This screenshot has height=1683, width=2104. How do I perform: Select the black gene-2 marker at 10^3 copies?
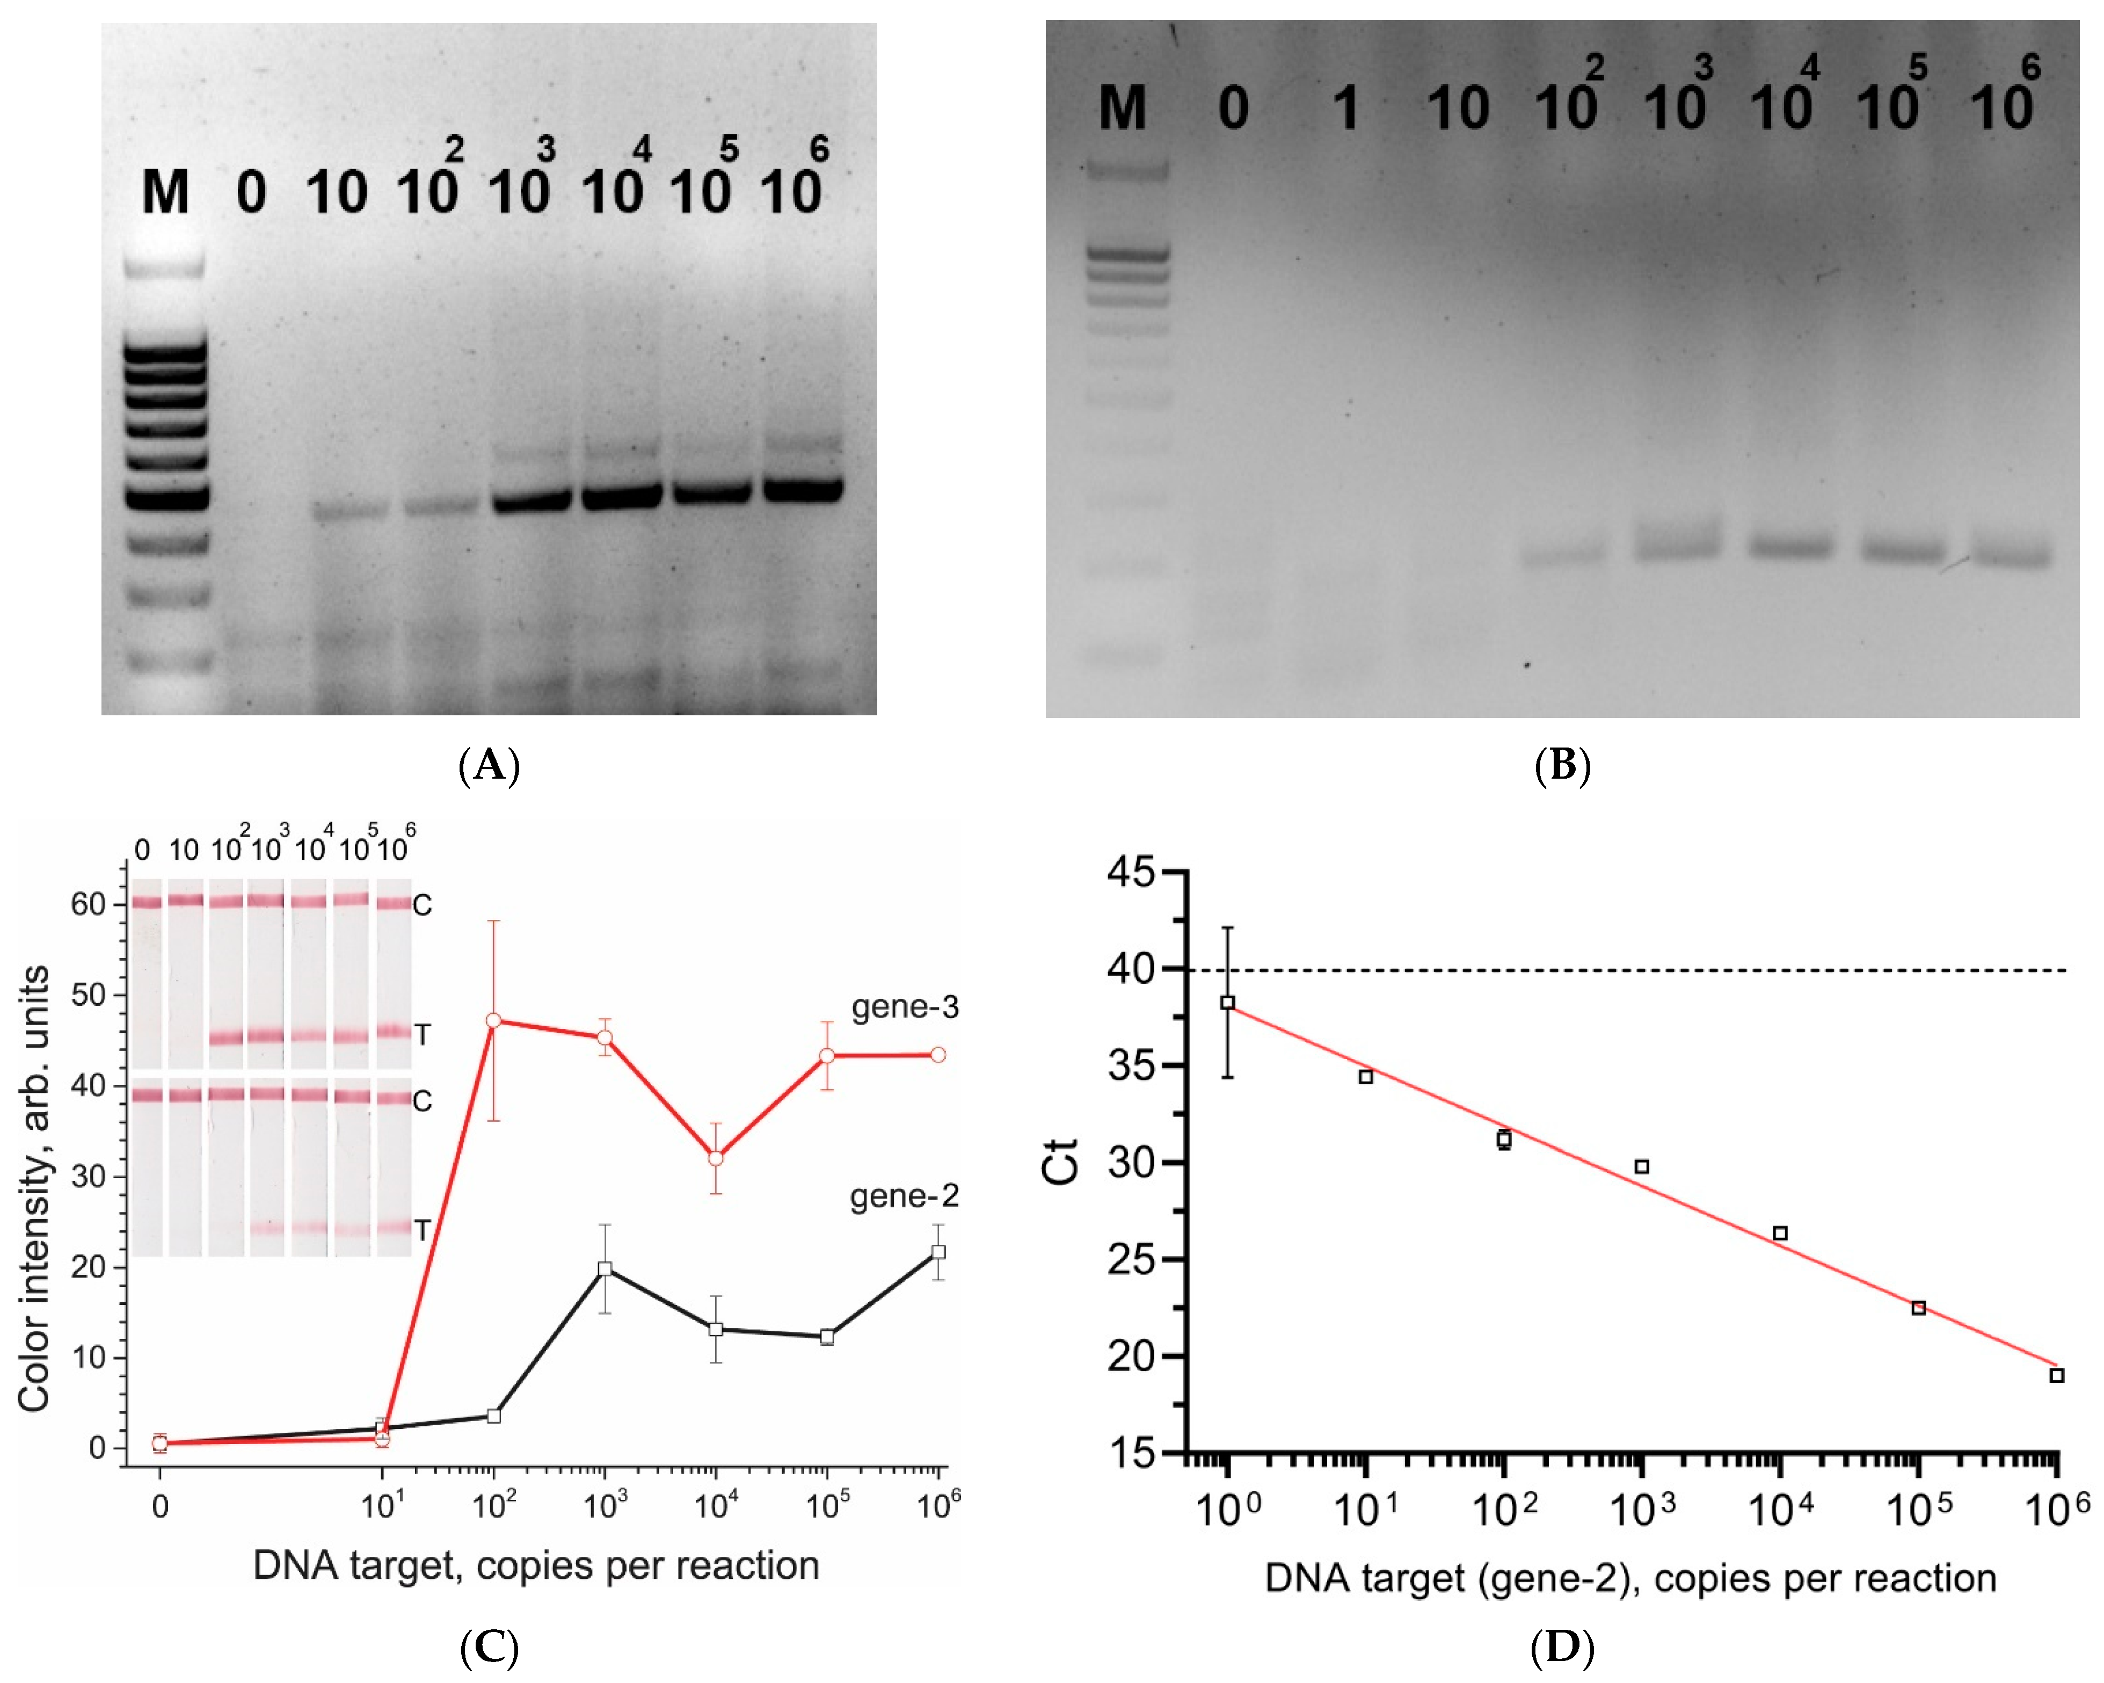point(605,1269)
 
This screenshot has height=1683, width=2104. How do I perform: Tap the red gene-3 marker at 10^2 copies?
point(494,1020)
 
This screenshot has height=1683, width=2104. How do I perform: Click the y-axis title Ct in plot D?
point(1062,1162)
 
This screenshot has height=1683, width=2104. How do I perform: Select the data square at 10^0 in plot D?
point(1228,1003)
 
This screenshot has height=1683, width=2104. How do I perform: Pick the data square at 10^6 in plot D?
point(2056,1375)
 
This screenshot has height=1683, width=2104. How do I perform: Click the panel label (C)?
point(489,1649)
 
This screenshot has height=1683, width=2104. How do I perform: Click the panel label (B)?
point(1562,765)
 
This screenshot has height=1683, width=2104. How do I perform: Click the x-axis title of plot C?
point(536,1566)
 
